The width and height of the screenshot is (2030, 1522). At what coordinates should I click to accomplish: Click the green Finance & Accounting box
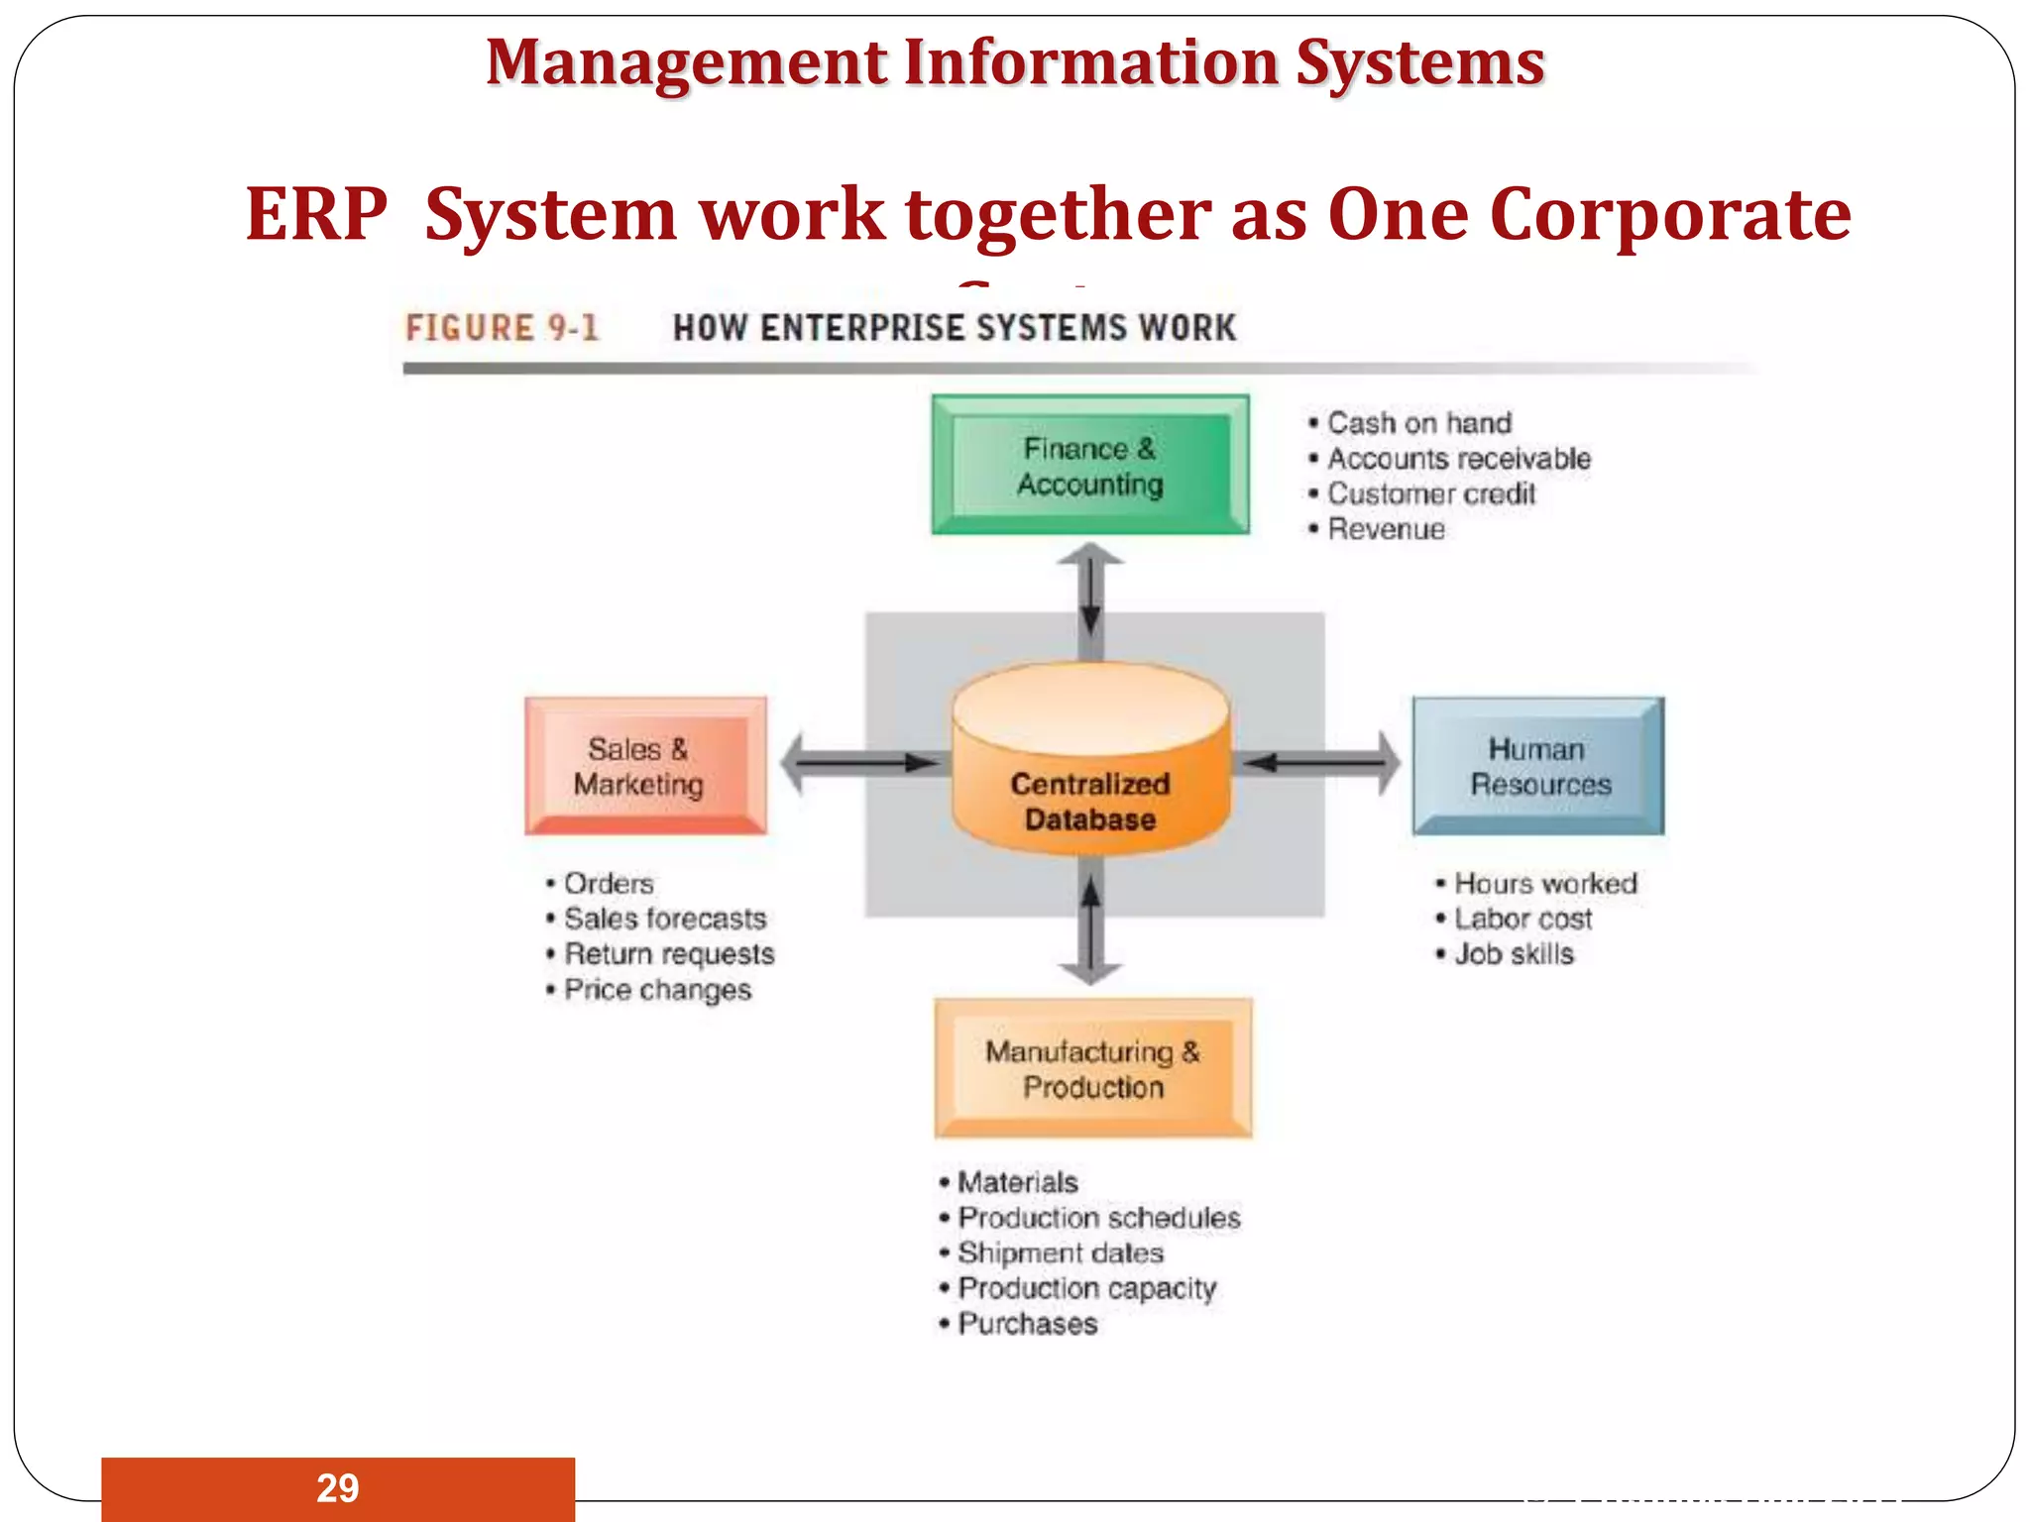[1090, 466]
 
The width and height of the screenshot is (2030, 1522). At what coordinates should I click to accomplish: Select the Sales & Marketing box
[645, 766]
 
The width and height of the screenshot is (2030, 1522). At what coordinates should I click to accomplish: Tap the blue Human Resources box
[1538, 766]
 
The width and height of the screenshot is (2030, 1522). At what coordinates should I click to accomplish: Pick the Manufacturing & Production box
[1093, 1068]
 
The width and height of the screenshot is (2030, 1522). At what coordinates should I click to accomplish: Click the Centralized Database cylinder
[1090, 763]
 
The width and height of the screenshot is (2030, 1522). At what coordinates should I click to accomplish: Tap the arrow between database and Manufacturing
[1090, 926]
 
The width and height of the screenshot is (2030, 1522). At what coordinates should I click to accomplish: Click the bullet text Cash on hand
[1418, 423]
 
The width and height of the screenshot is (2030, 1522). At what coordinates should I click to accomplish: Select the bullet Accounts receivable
[1458, 459]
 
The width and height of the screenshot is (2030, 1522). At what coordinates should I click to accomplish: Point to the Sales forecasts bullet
[664, 919]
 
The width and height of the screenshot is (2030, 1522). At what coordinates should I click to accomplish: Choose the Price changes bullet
[657, 990]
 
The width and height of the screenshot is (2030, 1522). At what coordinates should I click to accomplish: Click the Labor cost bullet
[1522, 919]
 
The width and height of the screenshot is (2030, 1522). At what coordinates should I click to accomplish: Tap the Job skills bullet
[1514, 954]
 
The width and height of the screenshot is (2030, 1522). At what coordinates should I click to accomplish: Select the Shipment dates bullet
[1060, 1252]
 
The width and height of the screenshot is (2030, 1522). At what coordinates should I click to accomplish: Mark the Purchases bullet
[1027, 1324]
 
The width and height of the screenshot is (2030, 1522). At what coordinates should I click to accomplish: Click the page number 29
[337, 1488]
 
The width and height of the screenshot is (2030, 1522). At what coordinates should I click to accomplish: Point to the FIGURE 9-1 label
[503, 328]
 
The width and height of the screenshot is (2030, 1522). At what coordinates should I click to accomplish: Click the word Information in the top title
[1091, 62]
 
